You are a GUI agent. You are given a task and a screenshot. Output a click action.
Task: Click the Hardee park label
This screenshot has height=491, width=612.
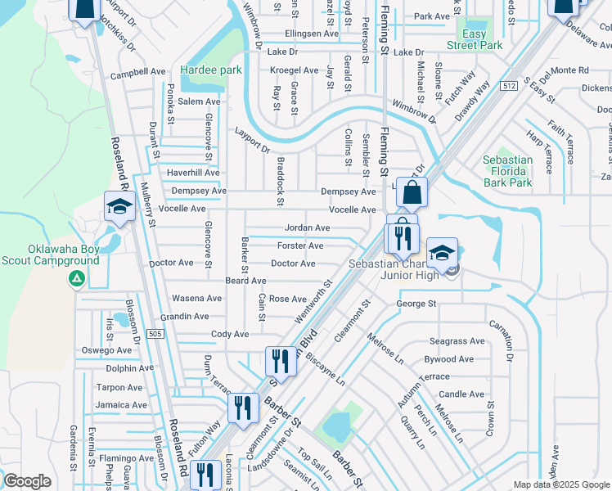pos(211,70)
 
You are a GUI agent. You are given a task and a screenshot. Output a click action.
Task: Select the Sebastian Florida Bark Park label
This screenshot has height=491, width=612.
pos(507,171)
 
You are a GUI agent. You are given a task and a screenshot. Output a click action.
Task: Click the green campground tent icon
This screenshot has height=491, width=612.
pos(76,279)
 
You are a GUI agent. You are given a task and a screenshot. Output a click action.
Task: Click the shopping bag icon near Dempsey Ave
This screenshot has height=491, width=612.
pos(413,194)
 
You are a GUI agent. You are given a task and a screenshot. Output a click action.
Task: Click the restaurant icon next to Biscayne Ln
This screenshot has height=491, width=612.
pos(280,361)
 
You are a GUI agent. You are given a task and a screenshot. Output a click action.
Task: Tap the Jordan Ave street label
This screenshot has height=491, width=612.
pos(307,227)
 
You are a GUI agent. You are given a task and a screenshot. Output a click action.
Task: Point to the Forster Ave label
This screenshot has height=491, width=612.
pos(300,245)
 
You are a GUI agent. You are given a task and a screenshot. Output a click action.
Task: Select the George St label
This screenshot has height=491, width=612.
pos(416,304)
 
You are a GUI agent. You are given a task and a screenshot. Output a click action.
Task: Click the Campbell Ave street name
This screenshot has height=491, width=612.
pos(138,72)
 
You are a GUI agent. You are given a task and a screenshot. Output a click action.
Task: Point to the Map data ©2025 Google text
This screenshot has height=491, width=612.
pos(560,484)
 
